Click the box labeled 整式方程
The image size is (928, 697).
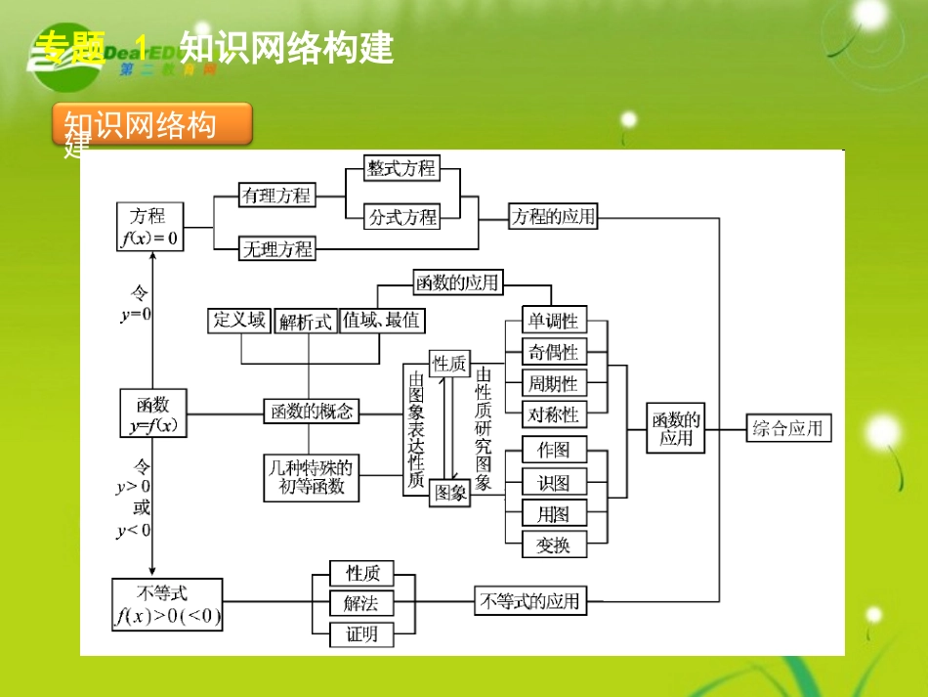(401, 168)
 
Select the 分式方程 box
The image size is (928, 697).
(401, 216)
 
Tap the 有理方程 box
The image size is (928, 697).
(276, 196)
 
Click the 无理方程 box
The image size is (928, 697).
(276, 249)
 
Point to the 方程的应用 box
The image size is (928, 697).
(553, 216)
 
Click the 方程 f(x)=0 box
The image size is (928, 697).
(149, 227)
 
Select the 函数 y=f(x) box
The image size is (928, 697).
(152, 414)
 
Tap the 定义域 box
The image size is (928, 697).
(239, 320)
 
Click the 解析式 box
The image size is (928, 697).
(305, 321)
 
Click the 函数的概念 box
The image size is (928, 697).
(311, 412)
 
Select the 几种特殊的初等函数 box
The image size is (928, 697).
(311, 478)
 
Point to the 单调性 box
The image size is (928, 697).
(554, 321)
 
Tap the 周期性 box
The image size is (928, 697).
(554, 382)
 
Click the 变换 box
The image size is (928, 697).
(554, 545)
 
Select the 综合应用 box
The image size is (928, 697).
(787, 428)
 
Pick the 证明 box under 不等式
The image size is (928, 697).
(361, 634)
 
